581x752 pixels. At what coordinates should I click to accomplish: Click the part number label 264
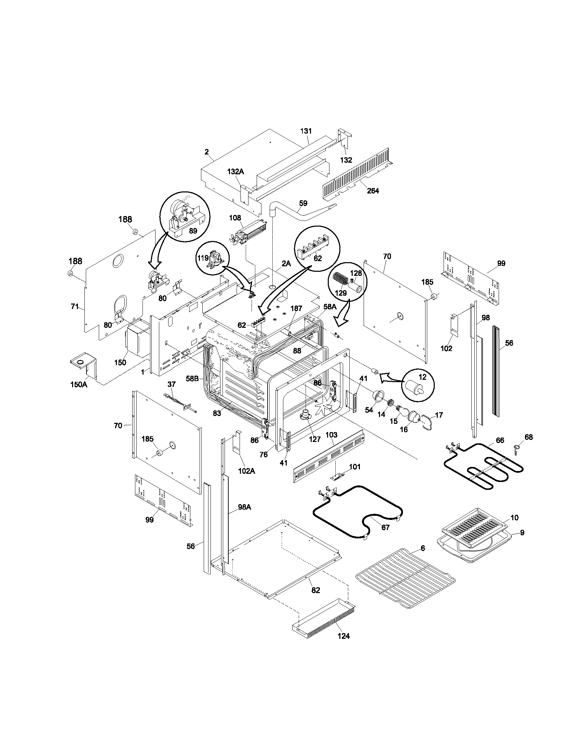click(373, 191)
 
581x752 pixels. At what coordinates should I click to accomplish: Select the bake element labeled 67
click(358, 513)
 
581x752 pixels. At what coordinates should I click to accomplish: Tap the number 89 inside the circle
click(193, 231)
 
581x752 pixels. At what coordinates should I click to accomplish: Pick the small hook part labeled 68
click(516, 449)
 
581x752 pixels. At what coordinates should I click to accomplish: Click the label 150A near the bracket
click(79, 385)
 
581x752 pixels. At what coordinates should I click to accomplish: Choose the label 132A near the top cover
click(235, 172)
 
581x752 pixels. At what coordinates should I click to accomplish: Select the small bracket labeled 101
click(337, 476)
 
